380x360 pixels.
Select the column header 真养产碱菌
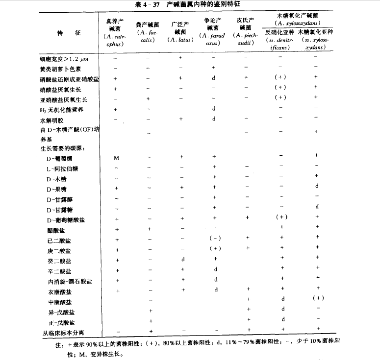[x=114, y=24]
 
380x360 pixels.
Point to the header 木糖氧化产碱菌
[x=298, y=16]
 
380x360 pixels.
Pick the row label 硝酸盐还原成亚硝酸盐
[x=69, y=79]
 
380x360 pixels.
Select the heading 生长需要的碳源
[x=63, y=147]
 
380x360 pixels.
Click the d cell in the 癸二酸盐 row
[x=182, y=259]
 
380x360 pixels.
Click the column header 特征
[x=68, y=32]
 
